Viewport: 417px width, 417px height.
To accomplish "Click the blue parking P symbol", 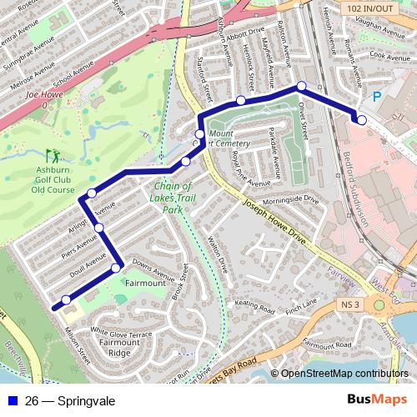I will [x=377, y=97].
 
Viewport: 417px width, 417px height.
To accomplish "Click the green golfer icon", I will [x=53, y=154].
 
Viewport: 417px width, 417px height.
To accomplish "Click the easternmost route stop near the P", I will [x=361, y=120].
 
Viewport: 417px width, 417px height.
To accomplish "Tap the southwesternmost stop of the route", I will [x=66, y=299].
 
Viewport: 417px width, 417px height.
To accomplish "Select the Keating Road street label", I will [x=255, y=307].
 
